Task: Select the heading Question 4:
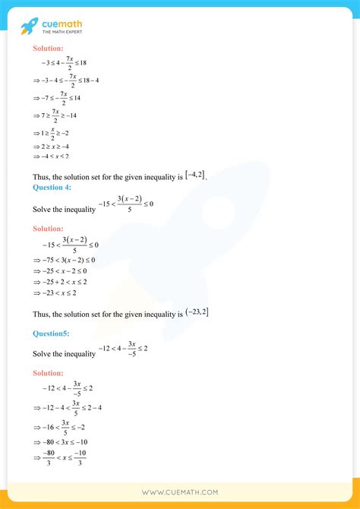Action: [x=53, y=188]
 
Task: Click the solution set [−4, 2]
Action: [x=195, y=175]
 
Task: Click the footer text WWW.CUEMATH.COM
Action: [x=180, y=492]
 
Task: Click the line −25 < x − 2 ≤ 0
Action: [x=64, y=270]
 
